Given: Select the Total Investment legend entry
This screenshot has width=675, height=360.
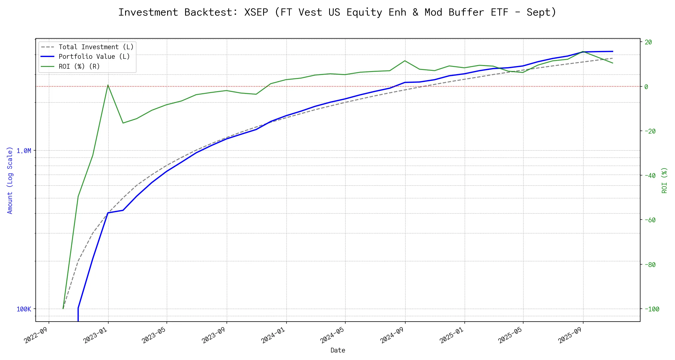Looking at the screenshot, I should pyautogui.click(x=96, y=47).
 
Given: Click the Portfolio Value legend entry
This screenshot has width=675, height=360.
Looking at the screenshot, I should pyautogui.click(x=94, y=57).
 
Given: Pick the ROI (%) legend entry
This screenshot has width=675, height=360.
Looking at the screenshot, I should pyautogui.click(x=79, y=66).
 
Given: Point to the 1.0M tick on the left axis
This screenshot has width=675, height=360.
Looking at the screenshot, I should pyautogui.click(x=24, y=151).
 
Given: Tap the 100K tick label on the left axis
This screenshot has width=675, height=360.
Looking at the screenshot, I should pyautogui.click(x=24, y=309).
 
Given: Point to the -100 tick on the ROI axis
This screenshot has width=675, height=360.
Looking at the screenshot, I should pyautogui.click(x=652, y=309).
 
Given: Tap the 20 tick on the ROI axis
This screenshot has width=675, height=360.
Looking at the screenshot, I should pyautogui.click(x=648, y=42).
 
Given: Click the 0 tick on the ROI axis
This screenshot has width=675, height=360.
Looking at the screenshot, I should pyautogui.click(x=646, y=87).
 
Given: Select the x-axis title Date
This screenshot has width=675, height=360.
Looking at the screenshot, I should pyautogui.click(x=338, y=350).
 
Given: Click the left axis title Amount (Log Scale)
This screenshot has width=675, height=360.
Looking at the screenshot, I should pyautogui.click(x=10, y=180).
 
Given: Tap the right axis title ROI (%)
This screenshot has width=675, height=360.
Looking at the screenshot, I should pyautogui.click(x=664, y=180).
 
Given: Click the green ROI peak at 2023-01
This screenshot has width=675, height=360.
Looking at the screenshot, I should pyautogui.click(x=108, y=85).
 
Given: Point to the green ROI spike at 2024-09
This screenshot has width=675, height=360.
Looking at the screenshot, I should pyautogui.click(x=405, y=61).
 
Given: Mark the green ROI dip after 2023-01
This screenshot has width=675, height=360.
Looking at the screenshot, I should pyautogui.click(x=123, y=123).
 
